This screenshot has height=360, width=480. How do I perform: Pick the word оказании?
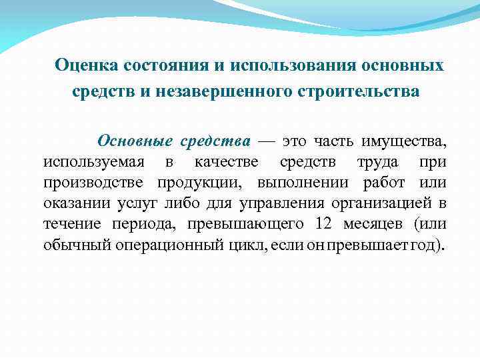click(73, 203)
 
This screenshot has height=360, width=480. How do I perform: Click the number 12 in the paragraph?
click(305, 224)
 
